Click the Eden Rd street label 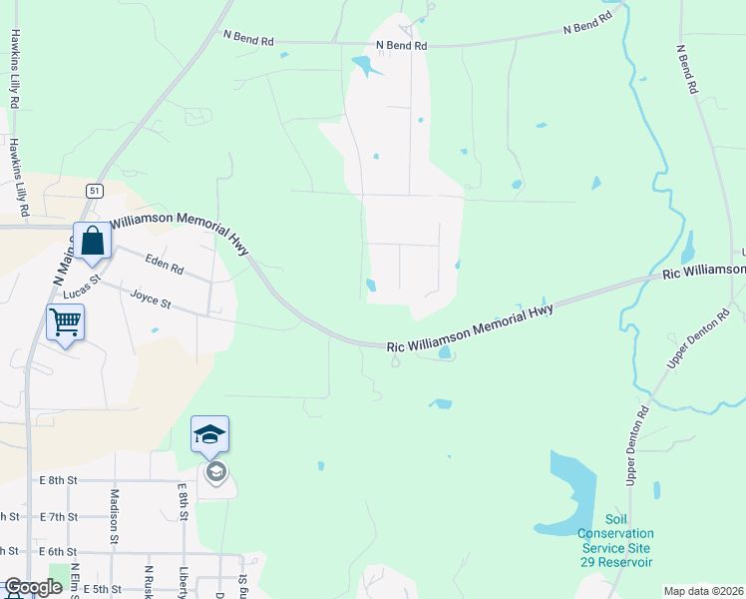coord(164,269)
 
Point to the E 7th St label coord(59,516)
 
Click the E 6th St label coord(59,551)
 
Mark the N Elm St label coord(76,580)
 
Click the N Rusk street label coord(148,581)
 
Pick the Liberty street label coord(183,579)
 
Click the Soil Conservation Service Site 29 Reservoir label coord(615,540)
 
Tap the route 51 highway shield coord(94,190)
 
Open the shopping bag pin coord(93,241)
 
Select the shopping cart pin coord(65,322)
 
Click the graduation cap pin coord(210,434)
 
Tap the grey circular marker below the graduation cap coord(215,471)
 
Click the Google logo coord(33,587)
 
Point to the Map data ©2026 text coord(703,591)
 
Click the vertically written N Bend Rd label coord(686,69)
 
